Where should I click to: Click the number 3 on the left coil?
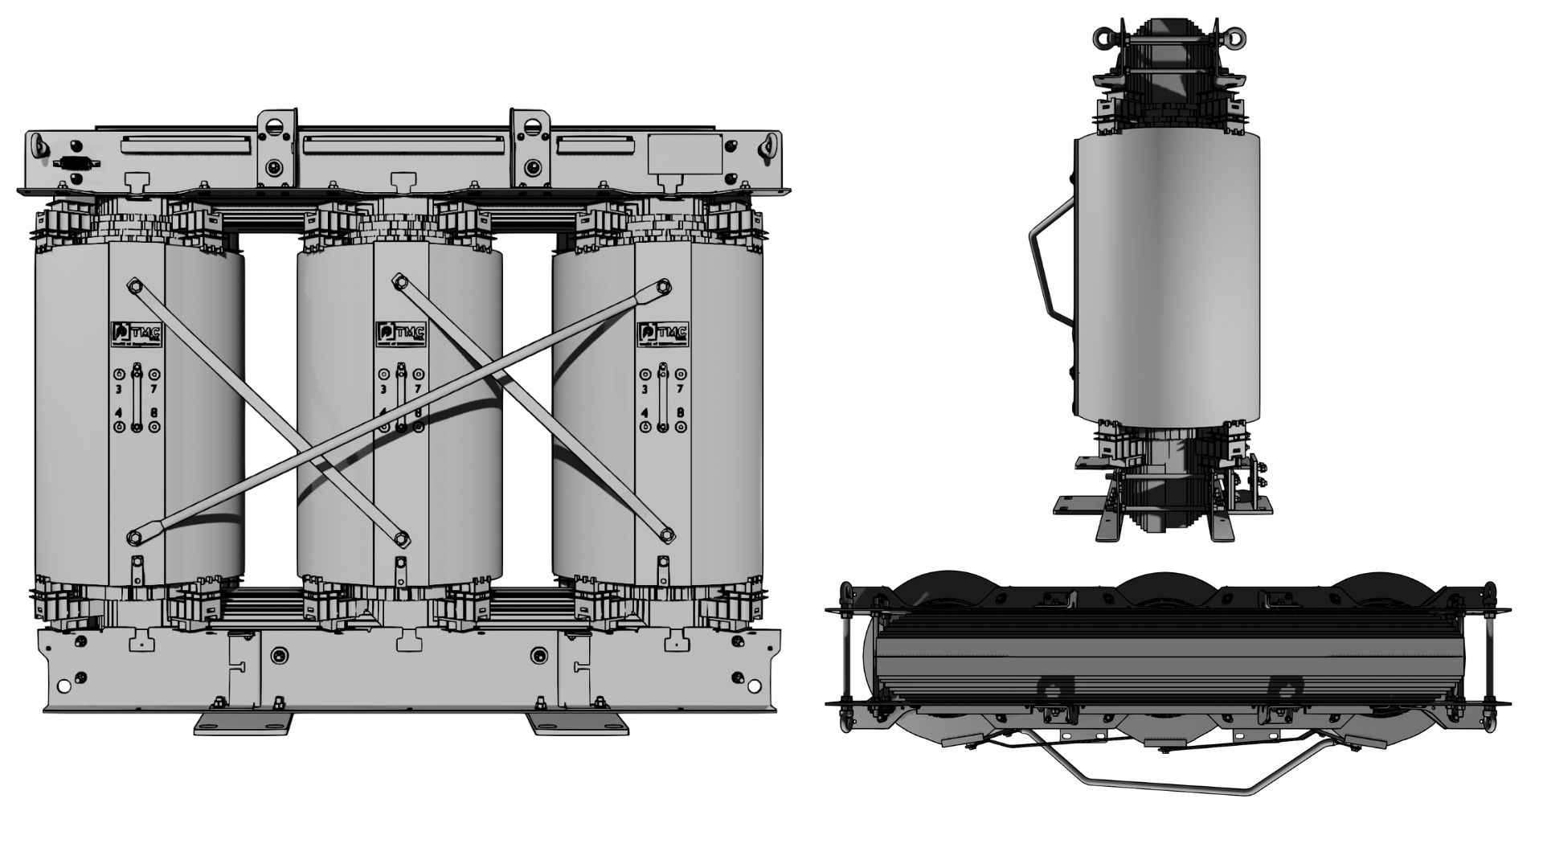(x=119, y=390)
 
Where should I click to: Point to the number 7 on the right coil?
(x=680, y=390)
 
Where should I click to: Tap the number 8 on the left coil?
(x=154, y=413)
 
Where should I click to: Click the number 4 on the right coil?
(x=645, y=413)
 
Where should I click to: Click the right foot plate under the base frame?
(x=578, y=723)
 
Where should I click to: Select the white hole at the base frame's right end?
(x=753, y=686)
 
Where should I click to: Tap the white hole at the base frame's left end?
(x=63, y=686)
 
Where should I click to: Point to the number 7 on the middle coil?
(x=418, y=390)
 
